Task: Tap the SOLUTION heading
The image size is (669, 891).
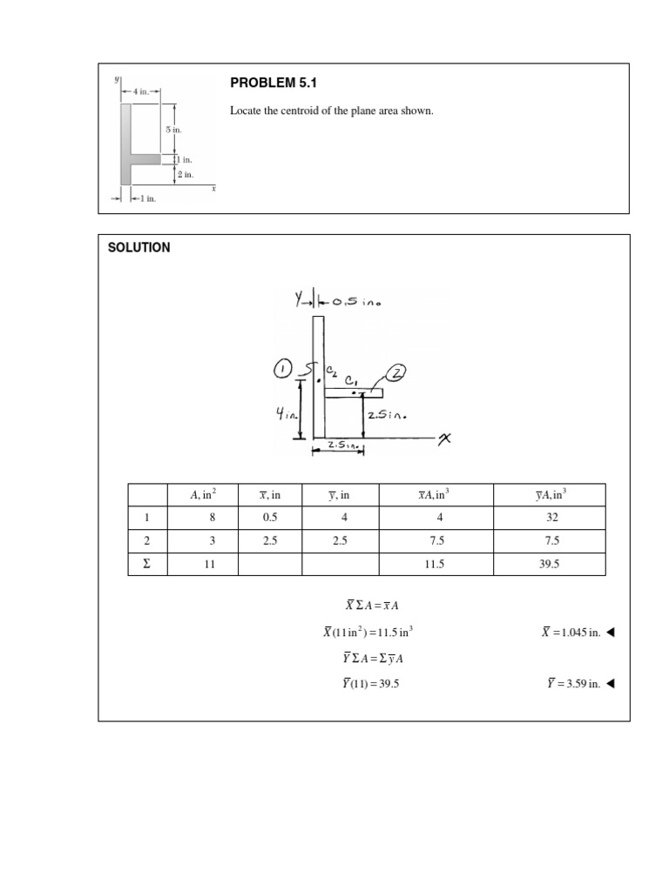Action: coord(139,248)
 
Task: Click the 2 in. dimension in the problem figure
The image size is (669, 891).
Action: coord(186,175)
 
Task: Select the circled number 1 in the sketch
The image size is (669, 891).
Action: coord(285,370)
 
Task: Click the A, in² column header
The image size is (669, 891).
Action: coord(203,495)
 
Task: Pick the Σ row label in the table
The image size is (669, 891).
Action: coord(145,564)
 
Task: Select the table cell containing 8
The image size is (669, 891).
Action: coord(203,518)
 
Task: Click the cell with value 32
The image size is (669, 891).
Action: coord(549,518)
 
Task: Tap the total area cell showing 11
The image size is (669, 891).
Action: coord(203,564)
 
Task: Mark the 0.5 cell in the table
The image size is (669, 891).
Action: coord(270,518)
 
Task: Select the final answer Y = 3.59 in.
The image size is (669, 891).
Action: coord(572,684)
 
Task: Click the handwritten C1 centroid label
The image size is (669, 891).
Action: coord(352,380)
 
